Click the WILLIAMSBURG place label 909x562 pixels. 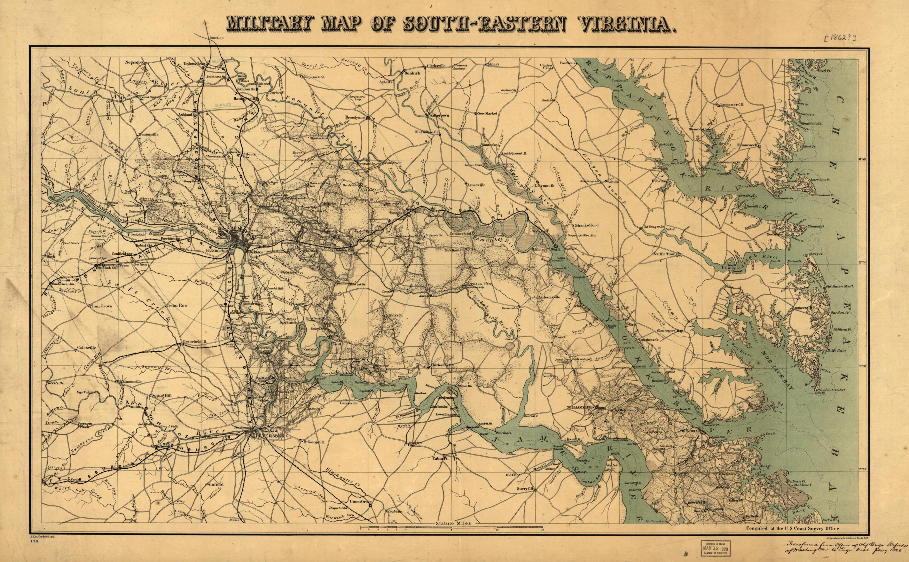(x=578, y=407)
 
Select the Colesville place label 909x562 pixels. (x=86, y=348)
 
